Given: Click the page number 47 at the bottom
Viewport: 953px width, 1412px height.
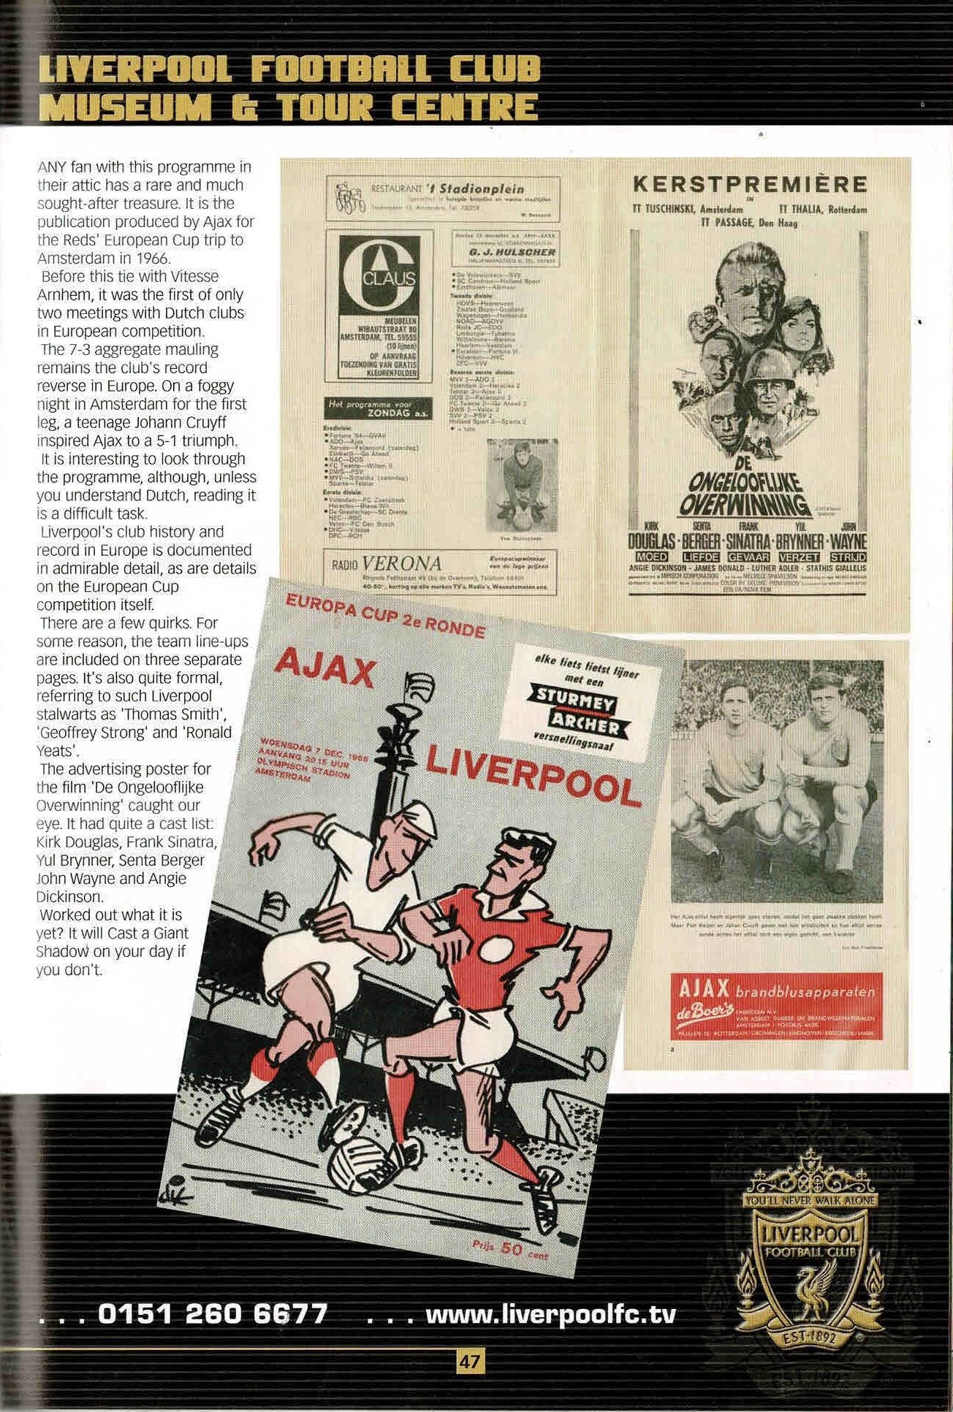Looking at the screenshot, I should pyautogui.click(x=469, y=1361).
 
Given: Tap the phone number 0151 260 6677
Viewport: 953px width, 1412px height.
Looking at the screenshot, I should pyautogui.click(x=212, y=1314).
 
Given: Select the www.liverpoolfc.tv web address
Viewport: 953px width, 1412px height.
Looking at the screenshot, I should pyautogui.click(x=550, y=1315).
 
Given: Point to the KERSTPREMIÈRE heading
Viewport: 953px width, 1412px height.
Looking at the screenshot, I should pyautogui.click(x=750, y=183).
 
